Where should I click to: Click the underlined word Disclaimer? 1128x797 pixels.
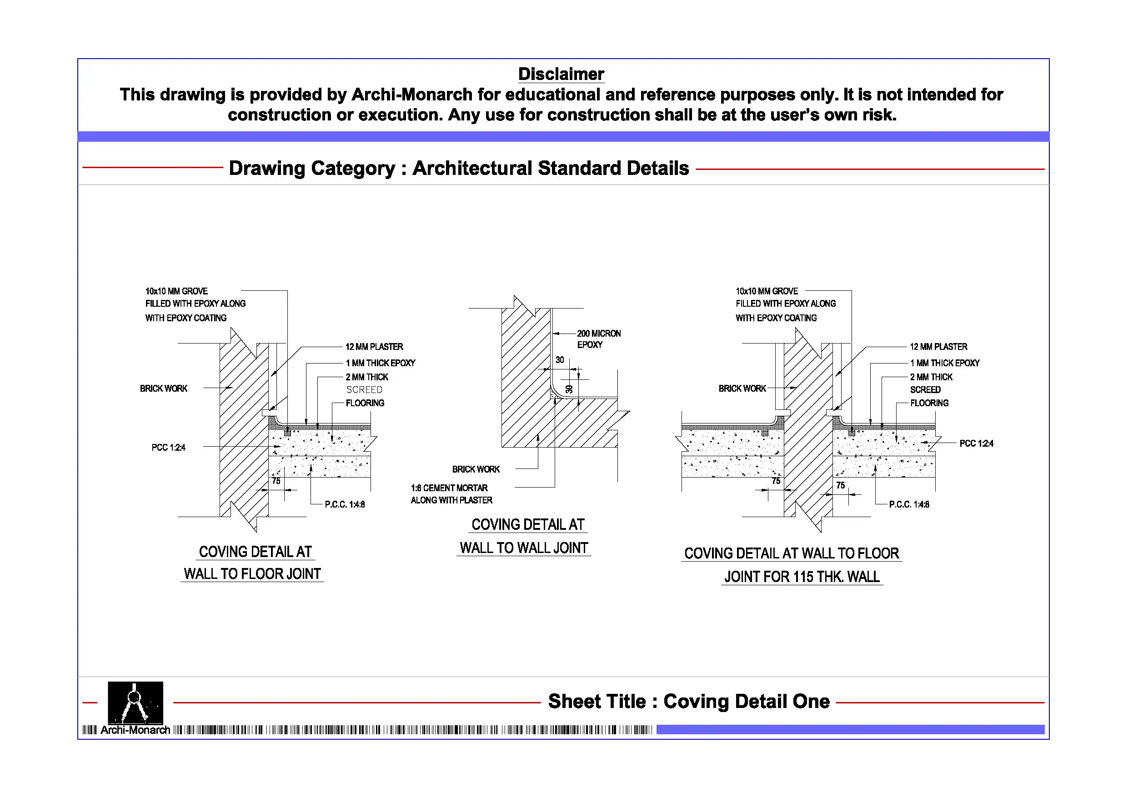(x=561, y=74)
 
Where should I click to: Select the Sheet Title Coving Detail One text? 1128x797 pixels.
(x=689, y=701)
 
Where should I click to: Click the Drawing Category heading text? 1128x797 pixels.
(x=459, y=168)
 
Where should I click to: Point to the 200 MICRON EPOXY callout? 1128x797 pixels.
(x=599, y=339)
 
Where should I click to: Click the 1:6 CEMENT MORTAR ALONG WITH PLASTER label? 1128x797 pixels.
(x=451, y=494)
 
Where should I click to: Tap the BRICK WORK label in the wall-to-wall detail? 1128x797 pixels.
(x=476, y=469)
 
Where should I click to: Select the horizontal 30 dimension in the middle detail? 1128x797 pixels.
(x=560, y=360)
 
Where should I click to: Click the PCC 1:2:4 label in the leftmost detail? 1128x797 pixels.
(x=169, y=448)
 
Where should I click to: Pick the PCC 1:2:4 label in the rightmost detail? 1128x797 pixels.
(x=976, y=443)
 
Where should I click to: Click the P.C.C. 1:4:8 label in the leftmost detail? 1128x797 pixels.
(x=345, y=504)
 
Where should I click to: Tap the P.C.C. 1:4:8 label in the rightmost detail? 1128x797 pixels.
(x=909, y=504)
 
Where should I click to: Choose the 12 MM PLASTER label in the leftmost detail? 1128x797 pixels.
(x=374, y=347)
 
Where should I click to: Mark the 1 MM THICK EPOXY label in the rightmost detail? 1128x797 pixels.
(x=945, y=363)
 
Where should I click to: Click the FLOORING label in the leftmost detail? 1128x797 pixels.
(x=365, y=403)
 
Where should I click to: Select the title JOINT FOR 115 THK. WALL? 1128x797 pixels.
(x=802, y=577)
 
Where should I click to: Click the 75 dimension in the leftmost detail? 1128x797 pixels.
(x=276, y=481)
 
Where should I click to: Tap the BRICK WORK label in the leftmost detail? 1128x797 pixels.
(x=164, y=389)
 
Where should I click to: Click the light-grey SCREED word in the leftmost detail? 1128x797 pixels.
(x=364, y=390)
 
